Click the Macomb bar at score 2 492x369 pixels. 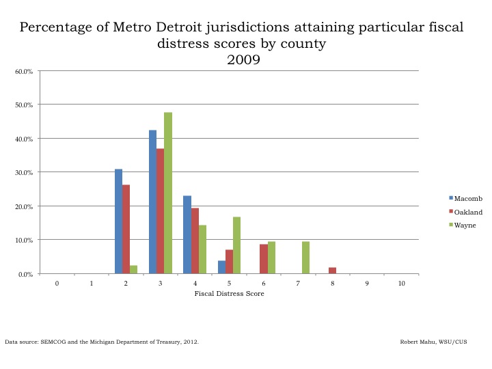(119, 221)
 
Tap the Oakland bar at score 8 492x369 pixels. (332, 271)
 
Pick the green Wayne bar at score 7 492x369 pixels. (305, 258)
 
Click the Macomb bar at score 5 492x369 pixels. (221, 267)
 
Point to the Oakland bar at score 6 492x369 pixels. (264, 259)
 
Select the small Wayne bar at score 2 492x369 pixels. (134, 270)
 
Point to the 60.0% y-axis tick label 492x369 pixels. (24, 71)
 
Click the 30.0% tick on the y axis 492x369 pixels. (24, 172)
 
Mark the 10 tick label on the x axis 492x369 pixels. (401, 282)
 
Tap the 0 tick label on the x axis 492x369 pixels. (57, 282)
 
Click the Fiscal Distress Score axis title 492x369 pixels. (229, 294)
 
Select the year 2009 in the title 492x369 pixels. (243, 60)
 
